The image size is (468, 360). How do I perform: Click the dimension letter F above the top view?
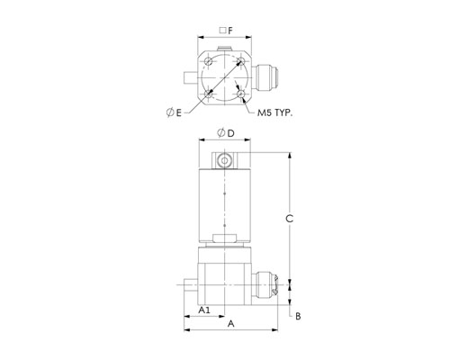[x=230, y=31]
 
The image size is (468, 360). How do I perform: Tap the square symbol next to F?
[x=222, y=31]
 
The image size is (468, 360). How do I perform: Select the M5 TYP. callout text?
[x=274, y=113]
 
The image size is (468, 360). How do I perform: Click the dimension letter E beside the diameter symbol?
[x=179, y=113]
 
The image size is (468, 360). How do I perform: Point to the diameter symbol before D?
[x=221, y=132]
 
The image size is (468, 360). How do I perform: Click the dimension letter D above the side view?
[x=230, y=133]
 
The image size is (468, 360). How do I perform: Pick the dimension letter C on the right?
[x=289, y=219]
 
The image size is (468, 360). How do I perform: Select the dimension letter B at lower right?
[x=298, y=316]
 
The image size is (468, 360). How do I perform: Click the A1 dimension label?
[x=204, y=310]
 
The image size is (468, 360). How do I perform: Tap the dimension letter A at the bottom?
[x=230, y=324]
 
